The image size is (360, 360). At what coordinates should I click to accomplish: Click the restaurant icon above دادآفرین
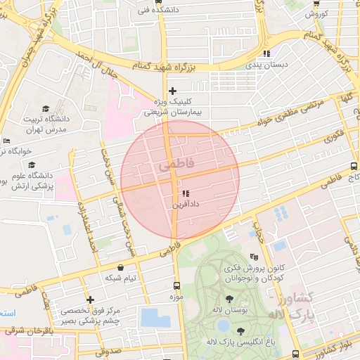pyautogui.click(x=186, y=193)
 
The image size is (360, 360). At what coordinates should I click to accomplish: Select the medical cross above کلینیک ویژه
pyautogui.click(x=172, y=91)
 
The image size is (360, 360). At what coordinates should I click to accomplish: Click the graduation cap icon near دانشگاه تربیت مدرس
pyautogui.click(x=46, y=109)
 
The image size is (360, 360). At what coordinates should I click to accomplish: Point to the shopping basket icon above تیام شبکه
pyautogui.click(x=122, y=268)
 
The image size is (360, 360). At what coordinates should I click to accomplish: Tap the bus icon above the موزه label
pyautogui.click(x=176, y=286)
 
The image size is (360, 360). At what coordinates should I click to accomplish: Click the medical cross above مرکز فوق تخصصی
pyautogui.click(x=90, y=300)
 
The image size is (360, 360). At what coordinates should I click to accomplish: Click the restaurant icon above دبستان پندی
pyautogui.click(x=266, y=53)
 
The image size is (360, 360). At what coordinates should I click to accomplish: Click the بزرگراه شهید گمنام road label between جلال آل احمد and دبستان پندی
pyautogui.click(x=179, y=64)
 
